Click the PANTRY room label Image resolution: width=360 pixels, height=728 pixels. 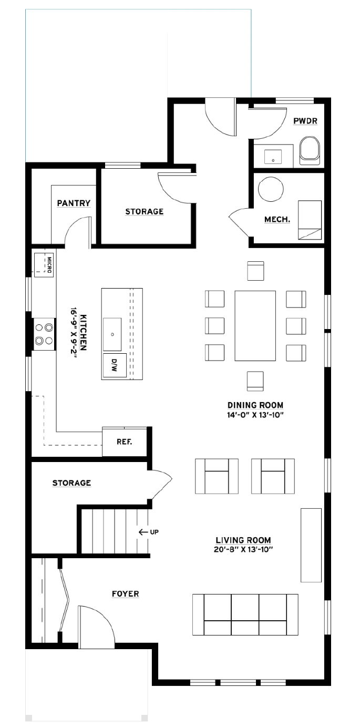pos(74,203)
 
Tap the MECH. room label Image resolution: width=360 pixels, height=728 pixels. pos(277,219)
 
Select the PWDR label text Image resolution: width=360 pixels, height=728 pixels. pos(305,121)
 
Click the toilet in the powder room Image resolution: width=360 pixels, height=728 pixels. pos(309,151)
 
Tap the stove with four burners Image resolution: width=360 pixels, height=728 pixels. pos(44,334)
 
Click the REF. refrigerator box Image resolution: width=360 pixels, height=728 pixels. pos(124,441)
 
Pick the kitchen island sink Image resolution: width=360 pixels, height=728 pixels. pos(112,334)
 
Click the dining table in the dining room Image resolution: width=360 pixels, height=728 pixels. pos(255,326)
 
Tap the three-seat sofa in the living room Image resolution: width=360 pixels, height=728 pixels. pos(245,614)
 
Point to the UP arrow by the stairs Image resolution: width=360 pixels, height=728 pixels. pos(148,532)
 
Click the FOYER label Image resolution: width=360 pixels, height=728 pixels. pos(125,594)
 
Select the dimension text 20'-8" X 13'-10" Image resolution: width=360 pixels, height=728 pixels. pos(243,550)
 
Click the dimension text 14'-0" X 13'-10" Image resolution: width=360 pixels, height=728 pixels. pos(255,415)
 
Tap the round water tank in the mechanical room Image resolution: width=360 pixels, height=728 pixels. pos(271,189)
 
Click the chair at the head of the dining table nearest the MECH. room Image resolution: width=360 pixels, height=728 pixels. pos(255,271)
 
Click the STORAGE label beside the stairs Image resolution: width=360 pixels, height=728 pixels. pos(71,483)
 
